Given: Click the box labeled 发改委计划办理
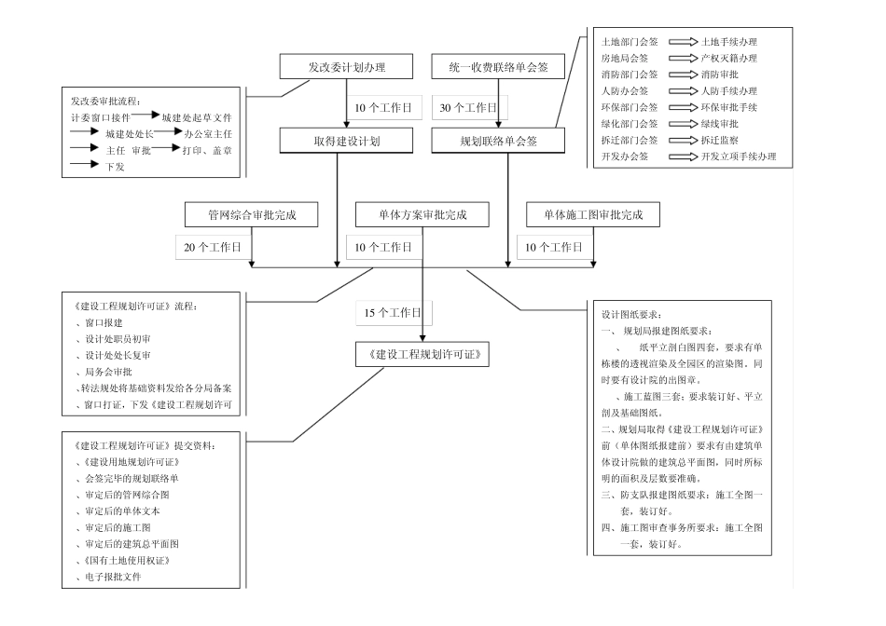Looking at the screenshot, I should tap(346, 67).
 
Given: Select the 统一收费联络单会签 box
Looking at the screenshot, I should tap(497, 67).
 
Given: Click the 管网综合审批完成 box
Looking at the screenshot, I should tap(251, 214).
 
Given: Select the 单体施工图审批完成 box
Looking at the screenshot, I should tap(592, 214).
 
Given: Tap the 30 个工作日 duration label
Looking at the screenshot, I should tap(469, 108).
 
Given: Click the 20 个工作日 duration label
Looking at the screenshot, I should tap(213, 247).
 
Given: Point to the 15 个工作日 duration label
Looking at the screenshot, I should tap(394, 313).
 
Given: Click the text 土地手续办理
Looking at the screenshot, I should tap(728, 42).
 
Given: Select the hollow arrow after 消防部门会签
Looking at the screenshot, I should tap(683, 75).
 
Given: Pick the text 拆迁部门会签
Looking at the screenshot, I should tap(630, 140).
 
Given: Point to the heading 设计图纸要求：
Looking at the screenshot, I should tap(630, 314).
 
